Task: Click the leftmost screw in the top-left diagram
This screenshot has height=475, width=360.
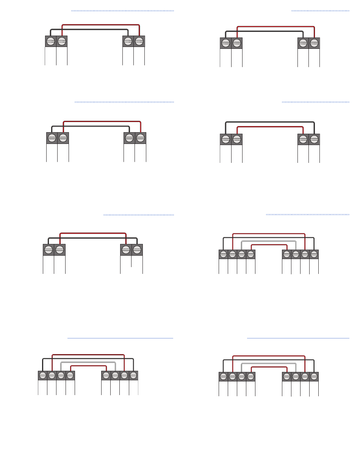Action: tap(50, 41)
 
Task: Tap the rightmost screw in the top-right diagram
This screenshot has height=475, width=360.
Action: tap(314, 43)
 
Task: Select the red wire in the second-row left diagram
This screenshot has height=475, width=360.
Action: tap(102, 121)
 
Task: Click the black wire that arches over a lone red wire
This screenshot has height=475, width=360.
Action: tap(270, 122)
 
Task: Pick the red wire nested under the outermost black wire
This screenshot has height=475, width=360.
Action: tap(270, 127)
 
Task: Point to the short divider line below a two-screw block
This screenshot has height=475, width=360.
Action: tap(131, 261)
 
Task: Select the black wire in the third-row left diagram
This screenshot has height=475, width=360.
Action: tap(93, 238)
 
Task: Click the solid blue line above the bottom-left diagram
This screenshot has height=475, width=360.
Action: tap(120, 338)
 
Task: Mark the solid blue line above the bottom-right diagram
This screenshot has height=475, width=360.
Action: tap(298, 338)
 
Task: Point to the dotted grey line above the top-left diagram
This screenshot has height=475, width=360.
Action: tap(122, 11)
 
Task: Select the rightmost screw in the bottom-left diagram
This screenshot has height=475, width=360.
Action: tap(133, 375)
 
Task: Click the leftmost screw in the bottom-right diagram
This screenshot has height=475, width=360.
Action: tap(223, 377)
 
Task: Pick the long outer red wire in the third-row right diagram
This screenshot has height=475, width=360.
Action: tap(268, 234)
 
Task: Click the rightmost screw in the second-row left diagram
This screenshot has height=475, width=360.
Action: tap(141, 137)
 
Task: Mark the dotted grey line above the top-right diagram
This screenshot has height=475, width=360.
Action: tap(320, 11)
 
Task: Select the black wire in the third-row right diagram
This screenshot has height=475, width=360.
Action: tap(268, 237)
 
